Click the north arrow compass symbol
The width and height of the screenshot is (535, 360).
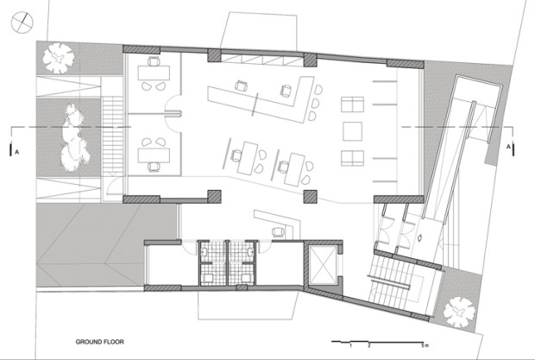[x=22, y=22]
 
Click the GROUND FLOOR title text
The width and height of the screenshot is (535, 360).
[x=99, y=342]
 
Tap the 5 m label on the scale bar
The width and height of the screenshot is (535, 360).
[x=425, y=345]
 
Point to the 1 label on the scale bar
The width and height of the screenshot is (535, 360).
[x=350, y=345]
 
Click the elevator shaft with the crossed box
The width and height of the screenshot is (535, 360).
[x=323, y=264]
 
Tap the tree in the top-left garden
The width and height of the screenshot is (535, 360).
[x=59, y=58]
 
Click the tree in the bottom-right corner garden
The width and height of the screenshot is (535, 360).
[x=459, y=313]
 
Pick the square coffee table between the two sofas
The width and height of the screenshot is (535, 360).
[x=352, y=131]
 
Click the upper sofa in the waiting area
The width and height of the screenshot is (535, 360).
[x=352, y=104]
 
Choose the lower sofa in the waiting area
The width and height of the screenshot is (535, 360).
[x=352, y=158]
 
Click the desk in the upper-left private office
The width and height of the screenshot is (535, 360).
[x=154, y=73]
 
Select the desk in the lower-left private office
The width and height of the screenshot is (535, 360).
[x=154, y=155]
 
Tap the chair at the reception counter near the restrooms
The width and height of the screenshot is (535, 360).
[x=279, y=232]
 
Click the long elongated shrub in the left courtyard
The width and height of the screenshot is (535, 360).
[x=73, y=138]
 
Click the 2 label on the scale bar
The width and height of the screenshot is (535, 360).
[x=368, y=345]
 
